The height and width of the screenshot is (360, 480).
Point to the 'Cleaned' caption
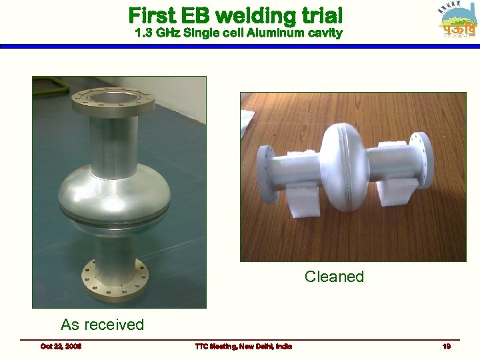click(334, 277)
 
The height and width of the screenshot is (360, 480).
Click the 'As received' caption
click(102, 325)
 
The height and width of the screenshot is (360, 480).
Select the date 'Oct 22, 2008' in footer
click(61, 346)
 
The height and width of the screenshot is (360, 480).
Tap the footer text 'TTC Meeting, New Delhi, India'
click(243, 346)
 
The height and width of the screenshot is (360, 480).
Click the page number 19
click(446, 346)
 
